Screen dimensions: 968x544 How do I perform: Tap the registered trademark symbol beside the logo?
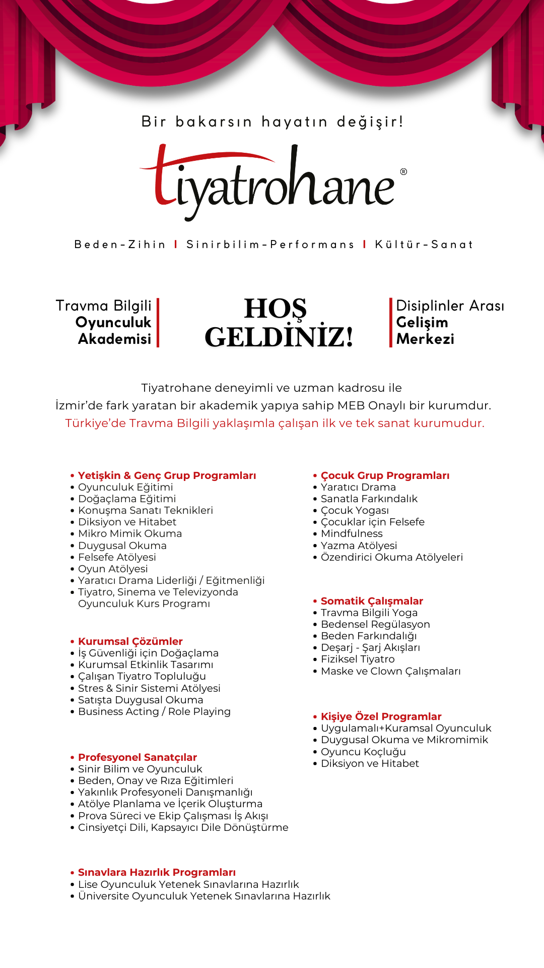tap(403, 172)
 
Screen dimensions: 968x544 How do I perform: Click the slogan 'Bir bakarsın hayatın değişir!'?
tap(272, 122)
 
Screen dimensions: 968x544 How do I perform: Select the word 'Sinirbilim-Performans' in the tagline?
tap(270, 245)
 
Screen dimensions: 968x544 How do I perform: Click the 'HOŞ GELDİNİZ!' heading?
tap(279, 323)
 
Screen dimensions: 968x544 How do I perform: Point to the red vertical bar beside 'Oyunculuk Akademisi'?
tap(158, 323)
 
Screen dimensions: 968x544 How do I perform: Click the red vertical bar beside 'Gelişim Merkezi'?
tap(391, 323)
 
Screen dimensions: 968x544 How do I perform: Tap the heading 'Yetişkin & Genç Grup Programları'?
tap(167, 475)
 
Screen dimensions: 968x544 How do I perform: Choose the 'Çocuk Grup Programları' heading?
tap(385, 475)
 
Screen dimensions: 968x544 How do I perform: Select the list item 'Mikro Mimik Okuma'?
tap(130, 533)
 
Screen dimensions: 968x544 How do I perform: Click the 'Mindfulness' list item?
tap(352, 533)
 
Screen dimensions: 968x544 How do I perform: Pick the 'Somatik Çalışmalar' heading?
tap(372, 601)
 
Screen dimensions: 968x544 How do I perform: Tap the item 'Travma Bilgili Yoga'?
tap(369, 613)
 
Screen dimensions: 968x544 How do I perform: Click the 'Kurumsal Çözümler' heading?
tap(130, 641)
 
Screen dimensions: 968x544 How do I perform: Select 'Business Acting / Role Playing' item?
tap(154, 711)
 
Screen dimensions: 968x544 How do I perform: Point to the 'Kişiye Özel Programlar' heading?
tap(381, 716)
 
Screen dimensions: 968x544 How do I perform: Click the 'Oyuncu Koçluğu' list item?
tap(363, 752)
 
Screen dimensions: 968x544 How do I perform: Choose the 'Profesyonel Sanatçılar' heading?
tap(137, 757)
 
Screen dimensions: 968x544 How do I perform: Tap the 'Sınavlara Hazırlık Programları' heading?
tap(157, 872)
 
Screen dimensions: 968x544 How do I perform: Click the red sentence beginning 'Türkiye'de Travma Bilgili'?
tap(275, 423)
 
